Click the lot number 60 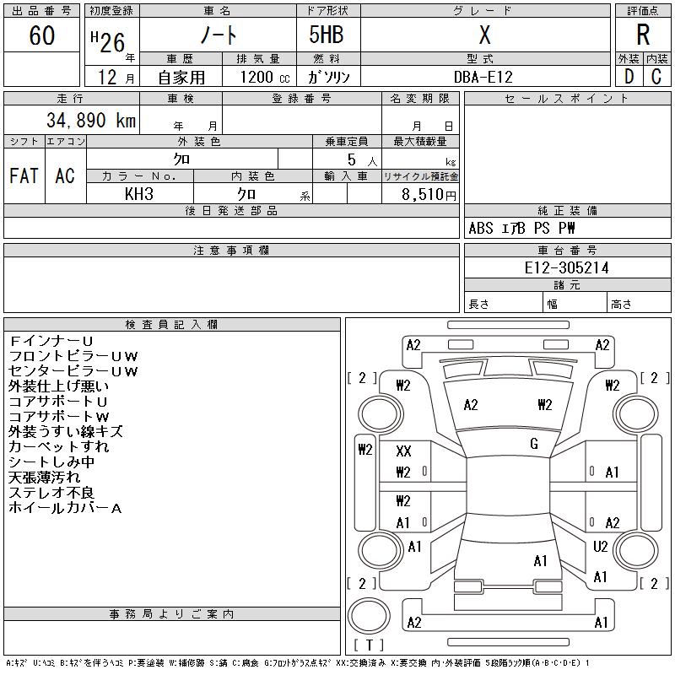click(41, 35)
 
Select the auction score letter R click(643, 35)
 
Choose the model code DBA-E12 click(483, 77)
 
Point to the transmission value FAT click(24, 175)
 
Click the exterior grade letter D click(629, 77)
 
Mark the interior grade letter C click(656, 77)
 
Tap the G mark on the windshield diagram click(534, 444)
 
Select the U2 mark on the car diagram click(601, 547)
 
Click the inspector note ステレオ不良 click(51, 493)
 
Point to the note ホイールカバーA click(66, 508)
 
